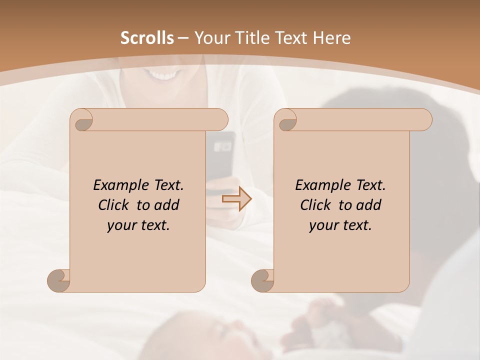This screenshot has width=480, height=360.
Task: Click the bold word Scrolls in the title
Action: coord(147,38)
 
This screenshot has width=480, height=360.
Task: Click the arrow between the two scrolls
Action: coord(236,199)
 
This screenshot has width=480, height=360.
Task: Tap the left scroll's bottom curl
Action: coord(59,280)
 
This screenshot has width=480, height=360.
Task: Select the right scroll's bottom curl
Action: coord(263,280)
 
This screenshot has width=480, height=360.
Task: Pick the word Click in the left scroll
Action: coord(114,205)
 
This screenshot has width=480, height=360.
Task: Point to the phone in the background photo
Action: coord(222,155)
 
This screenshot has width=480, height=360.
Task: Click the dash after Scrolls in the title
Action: coord(182,38)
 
